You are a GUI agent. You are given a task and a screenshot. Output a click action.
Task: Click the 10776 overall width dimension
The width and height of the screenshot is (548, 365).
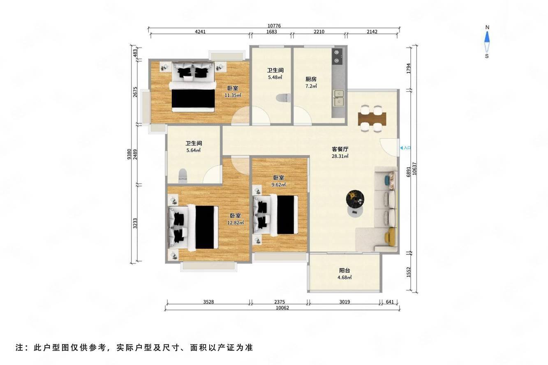tap(274, 25)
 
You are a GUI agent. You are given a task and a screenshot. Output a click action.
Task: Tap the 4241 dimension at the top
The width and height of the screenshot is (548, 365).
tap(200, 32)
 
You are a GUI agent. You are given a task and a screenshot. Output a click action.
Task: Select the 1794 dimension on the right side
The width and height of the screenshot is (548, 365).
tap(408, 69)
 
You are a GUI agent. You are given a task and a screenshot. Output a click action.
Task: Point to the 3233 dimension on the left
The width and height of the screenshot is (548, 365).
tap(135, 223)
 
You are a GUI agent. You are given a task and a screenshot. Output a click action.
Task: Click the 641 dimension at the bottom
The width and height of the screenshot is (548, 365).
tap(390, 302)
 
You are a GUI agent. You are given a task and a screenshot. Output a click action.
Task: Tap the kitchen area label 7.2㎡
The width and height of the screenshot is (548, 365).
tap(311, 86)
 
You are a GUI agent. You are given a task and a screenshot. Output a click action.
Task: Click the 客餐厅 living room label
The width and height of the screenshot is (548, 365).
tap(340, 149)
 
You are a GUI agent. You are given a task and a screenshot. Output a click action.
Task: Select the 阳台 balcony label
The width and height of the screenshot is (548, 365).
tap(345, 271)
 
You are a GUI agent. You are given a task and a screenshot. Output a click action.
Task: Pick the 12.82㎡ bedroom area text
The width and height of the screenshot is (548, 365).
tap(235, 223)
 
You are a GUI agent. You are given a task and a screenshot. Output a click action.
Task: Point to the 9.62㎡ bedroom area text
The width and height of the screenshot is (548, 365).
tap(278, 185)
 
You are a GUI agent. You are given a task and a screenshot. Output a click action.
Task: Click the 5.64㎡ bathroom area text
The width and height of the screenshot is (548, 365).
tap(193, 150)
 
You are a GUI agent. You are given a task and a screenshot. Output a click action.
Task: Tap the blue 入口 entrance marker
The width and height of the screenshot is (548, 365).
tap(405, 148)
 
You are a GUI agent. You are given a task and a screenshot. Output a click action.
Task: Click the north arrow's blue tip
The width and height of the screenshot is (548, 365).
tap(487, 37)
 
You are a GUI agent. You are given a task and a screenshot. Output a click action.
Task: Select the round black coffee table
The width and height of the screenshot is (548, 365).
tap(355, 199)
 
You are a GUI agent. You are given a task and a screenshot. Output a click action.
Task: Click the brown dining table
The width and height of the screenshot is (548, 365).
tap(372, 119)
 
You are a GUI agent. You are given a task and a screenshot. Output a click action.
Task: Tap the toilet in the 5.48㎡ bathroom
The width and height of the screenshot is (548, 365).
tap(283, 98)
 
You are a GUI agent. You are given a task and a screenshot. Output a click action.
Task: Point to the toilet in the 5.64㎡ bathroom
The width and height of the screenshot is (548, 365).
tap(183, 176)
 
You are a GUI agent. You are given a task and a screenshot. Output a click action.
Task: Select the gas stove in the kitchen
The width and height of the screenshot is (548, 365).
tap(337, 56)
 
